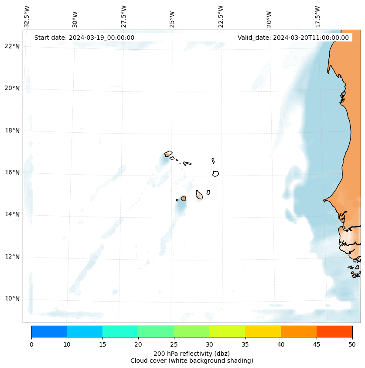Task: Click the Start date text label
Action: [x=84, y=38]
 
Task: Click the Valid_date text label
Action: [x=293, y=38]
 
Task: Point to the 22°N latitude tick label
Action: [x=12, y=46]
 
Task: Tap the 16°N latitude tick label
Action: [x=12, y=172]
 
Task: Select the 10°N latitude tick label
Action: [x=12, y=299]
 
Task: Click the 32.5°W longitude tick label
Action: [x=27, y=17]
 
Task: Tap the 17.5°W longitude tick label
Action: [x=317, y=17]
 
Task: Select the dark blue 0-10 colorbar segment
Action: [x=49, y=331]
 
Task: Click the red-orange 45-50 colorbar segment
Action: [x=334, y=331]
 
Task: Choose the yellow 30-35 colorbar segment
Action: [x=227, y=331]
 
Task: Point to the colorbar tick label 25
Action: [x=174, y=344]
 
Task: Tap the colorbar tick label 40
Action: [x=281, y=344]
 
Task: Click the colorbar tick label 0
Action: [x=31, y=344]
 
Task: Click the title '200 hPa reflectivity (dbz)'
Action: [x=191, y=353]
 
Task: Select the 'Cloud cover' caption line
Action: [x=191, y=361]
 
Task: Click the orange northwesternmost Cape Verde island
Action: [x=168, y=154]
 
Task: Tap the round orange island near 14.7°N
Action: [x=184, y=198]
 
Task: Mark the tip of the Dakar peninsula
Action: [x=324, y=200]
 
